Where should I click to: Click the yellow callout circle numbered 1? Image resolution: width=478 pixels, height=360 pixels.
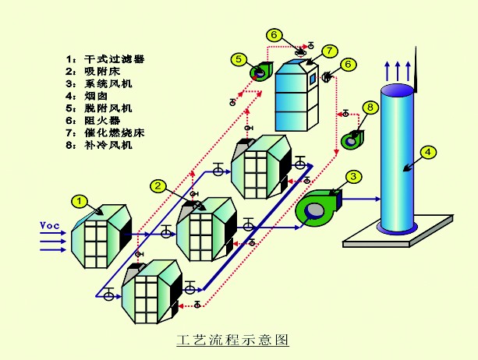pyautogui.click(x=80, y=201)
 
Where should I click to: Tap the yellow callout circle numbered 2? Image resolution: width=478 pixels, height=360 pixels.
pyautogui.click(x=158, y=185)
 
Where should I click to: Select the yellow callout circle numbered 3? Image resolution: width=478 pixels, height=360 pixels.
pyautogui.click(x=353, y=177)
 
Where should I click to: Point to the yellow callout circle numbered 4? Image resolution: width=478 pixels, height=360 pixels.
pyautogui.click(x=427, y=152)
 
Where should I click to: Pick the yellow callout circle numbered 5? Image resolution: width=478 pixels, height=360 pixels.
pyautogui.click(x=239, y=59)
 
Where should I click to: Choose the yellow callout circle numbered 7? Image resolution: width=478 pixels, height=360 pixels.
pyautogui.click(x=330, y=51)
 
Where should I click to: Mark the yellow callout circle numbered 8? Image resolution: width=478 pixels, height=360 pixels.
pyautogui.click(x=370, y=108)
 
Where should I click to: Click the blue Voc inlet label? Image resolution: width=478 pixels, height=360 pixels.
pyautogui.click(x=50, y=226)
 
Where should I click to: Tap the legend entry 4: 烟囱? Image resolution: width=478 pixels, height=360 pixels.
pyautogui.click(x=87, y=96)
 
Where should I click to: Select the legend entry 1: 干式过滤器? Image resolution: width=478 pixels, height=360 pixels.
pyautogui.click(x=104, y=58)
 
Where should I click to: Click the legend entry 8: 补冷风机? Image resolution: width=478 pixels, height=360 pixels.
pyautogui.click(x=99, y=145)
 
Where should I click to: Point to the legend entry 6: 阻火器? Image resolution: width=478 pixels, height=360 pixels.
pyautogui.click(x=93, y=121)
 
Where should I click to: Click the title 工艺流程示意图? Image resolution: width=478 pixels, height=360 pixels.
pyautogui.click(x=232, y=340)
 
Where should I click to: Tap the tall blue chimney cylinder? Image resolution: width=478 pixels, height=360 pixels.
pyautogui.click(x=397, y=158)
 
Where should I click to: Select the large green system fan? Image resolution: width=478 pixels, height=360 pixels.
pyautogui.click(x=319, y=208)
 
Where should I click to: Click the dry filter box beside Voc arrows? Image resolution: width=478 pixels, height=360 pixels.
pyautogui.click(x=101, y=236)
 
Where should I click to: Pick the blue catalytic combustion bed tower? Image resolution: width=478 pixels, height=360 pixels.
pyautogui.click(x=297, y=95)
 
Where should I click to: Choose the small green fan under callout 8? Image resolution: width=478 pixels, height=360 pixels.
pyautogui.click(x=352, y=140)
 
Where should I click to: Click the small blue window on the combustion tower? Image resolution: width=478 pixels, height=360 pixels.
pyautogui.click(x=313, y=79)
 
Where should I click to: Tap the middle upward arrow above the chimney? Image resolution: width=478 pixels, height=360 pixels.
pyautogui.click(x=398, y=71)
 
